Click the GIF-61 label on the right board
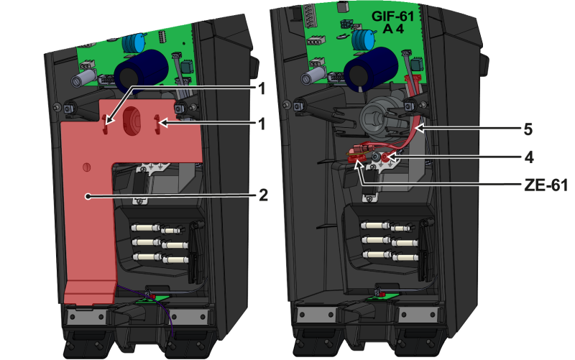click(392, 16)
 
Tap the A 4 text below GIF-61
click(393, 29)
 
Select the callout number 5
click(528, 129)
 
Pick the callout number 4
click(528, 157)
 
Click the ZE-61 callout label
click(546, 185)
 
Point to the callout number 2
click(263, 195)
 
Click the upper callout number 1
click(262, 88)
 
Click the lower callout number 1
click(262, 124)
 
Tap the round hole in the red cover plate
click(132, 121)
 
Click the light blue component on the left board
click(134, 43)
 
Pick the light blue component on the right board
click(364, 40)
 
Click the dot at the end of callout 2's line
click(88, 196)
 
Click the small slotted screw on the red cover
click(86, 167)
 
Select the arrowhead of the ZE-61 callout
click(359, 165)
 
